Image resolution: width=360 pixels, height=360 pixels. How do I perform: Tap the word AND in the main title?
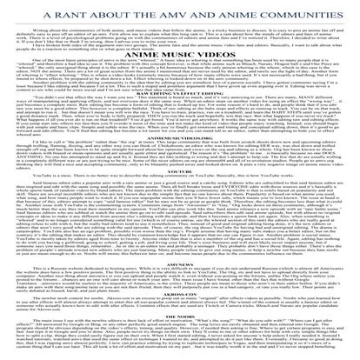point(197,10)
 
